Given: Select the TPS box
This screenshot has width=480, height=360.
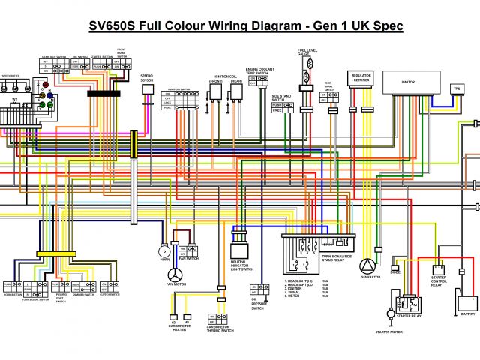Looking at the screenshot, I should click(x=456, y=89).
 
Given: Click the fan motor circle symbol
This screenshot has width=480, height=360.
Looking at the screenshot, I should click(x=175, y=274).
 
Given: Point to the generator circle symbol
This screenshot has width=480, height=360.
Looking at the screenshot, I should click(x=367, y=267).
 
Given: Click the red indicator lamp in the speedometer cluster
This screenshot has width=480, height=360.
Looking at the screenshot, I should click(x=49, y=96).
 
